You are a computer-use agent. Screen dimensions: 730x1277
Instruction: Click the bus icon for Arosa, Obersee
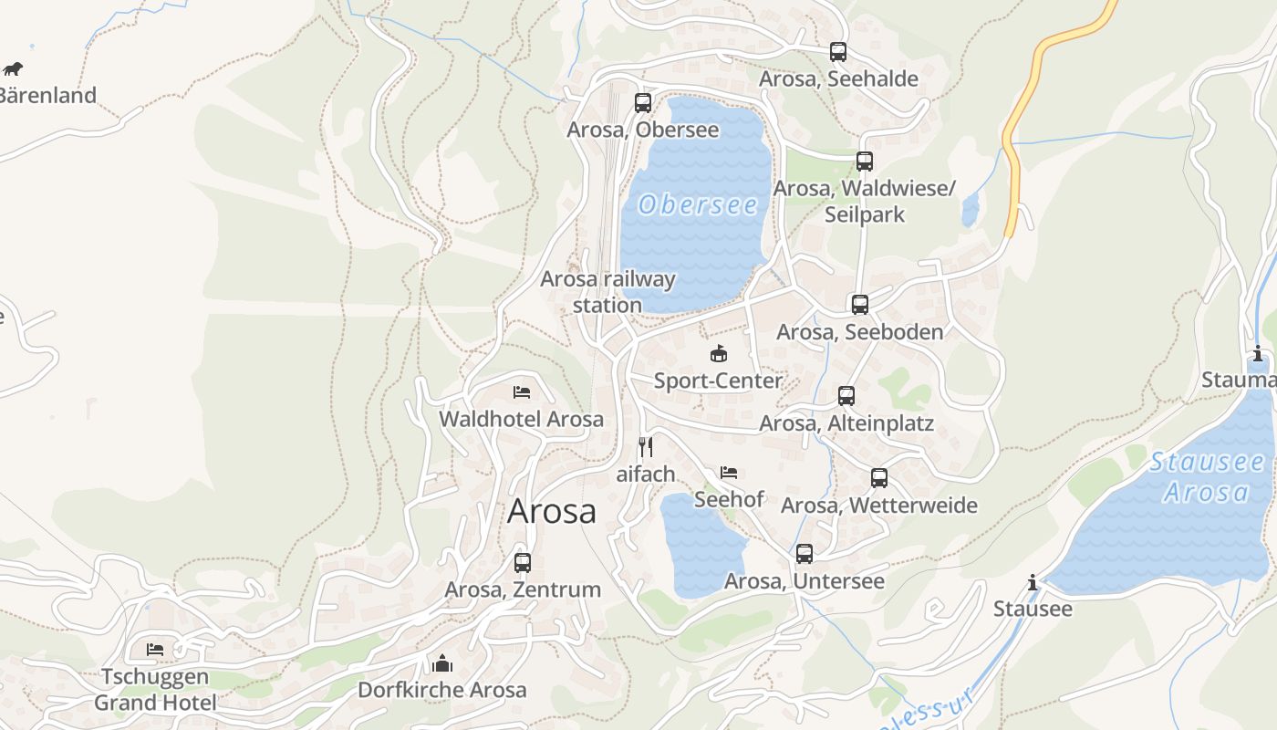click(643, 102)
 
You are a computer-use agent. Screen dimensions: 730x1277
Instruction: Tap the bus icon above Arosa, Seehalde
click(838, 52)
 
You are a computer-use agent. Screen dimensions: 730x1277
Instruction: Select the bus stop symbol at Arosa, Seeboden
click(859, 305)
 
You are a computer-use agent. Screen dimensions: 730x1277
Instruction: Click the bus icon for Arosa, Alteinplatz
click(846, 396)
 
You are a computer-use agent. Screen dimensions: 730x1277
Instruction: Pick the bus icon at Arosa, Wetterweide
click(879, 478)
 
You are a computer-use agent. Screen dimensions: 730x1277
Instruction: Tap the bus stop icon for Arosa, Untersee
click(804, 554)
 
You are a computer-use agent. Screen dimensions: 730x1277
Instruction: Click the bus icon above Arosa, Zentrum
click(523, 563)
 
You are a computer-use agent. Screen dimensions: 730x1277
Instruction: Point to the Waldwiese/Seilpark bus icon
click(864, 162)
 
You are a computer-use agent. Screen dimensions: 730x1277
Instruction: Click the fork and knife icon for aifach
click(646, 446)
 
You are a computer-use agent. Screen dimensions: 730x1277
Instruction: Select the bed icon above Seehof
click(729, 473)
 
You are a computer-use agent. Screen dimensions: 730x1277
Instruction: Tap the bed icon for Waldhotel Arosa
click(522, 392)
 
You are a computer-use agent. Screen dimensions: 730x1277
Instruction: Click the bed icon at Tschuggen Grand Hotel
click(155, 650)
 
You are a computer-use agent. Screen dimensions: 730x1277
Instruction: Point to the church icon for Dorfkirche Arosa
click(442, 662)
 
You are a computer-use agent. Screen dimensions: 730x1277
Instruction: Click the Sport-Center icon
click(719, 354)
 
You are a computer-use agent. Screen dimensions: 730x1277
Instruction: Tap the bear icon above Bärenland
click(13, 68)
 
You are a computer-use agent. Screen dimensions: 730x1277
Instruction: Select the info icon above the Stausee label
click(1033, 582)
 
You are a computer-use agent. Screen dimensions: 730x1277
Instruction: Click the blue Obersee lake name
click(698, 205)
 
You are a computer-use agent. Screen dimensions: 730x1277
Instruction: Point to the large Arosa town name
click(551, 511)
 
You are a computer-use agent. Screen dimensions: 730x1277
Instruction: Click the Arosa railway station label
click(607, 292)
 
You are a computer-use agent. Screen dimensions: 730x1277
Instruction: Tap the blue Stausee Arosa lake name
click(1207, 477)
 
